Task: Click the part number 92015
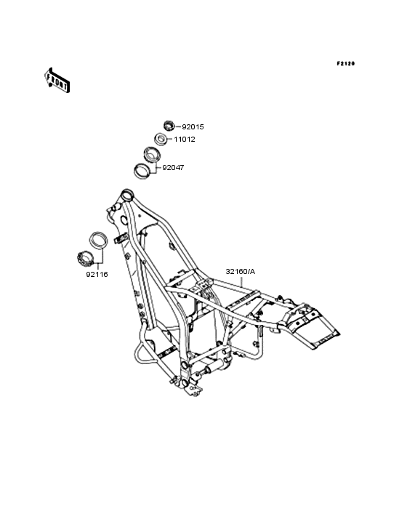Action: click(193, 127)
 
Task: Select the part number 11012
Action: click(185, 140)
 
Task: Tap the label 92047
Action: click(173, 168)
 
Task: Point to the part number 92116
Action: click(97, 275)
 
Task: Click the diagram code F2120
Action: click(346, 63)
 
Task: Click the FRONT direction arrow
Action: click(57, 80)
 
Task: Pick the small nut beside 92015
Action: click(169, 126)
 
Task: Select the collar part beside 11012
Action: click(161, 139)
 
